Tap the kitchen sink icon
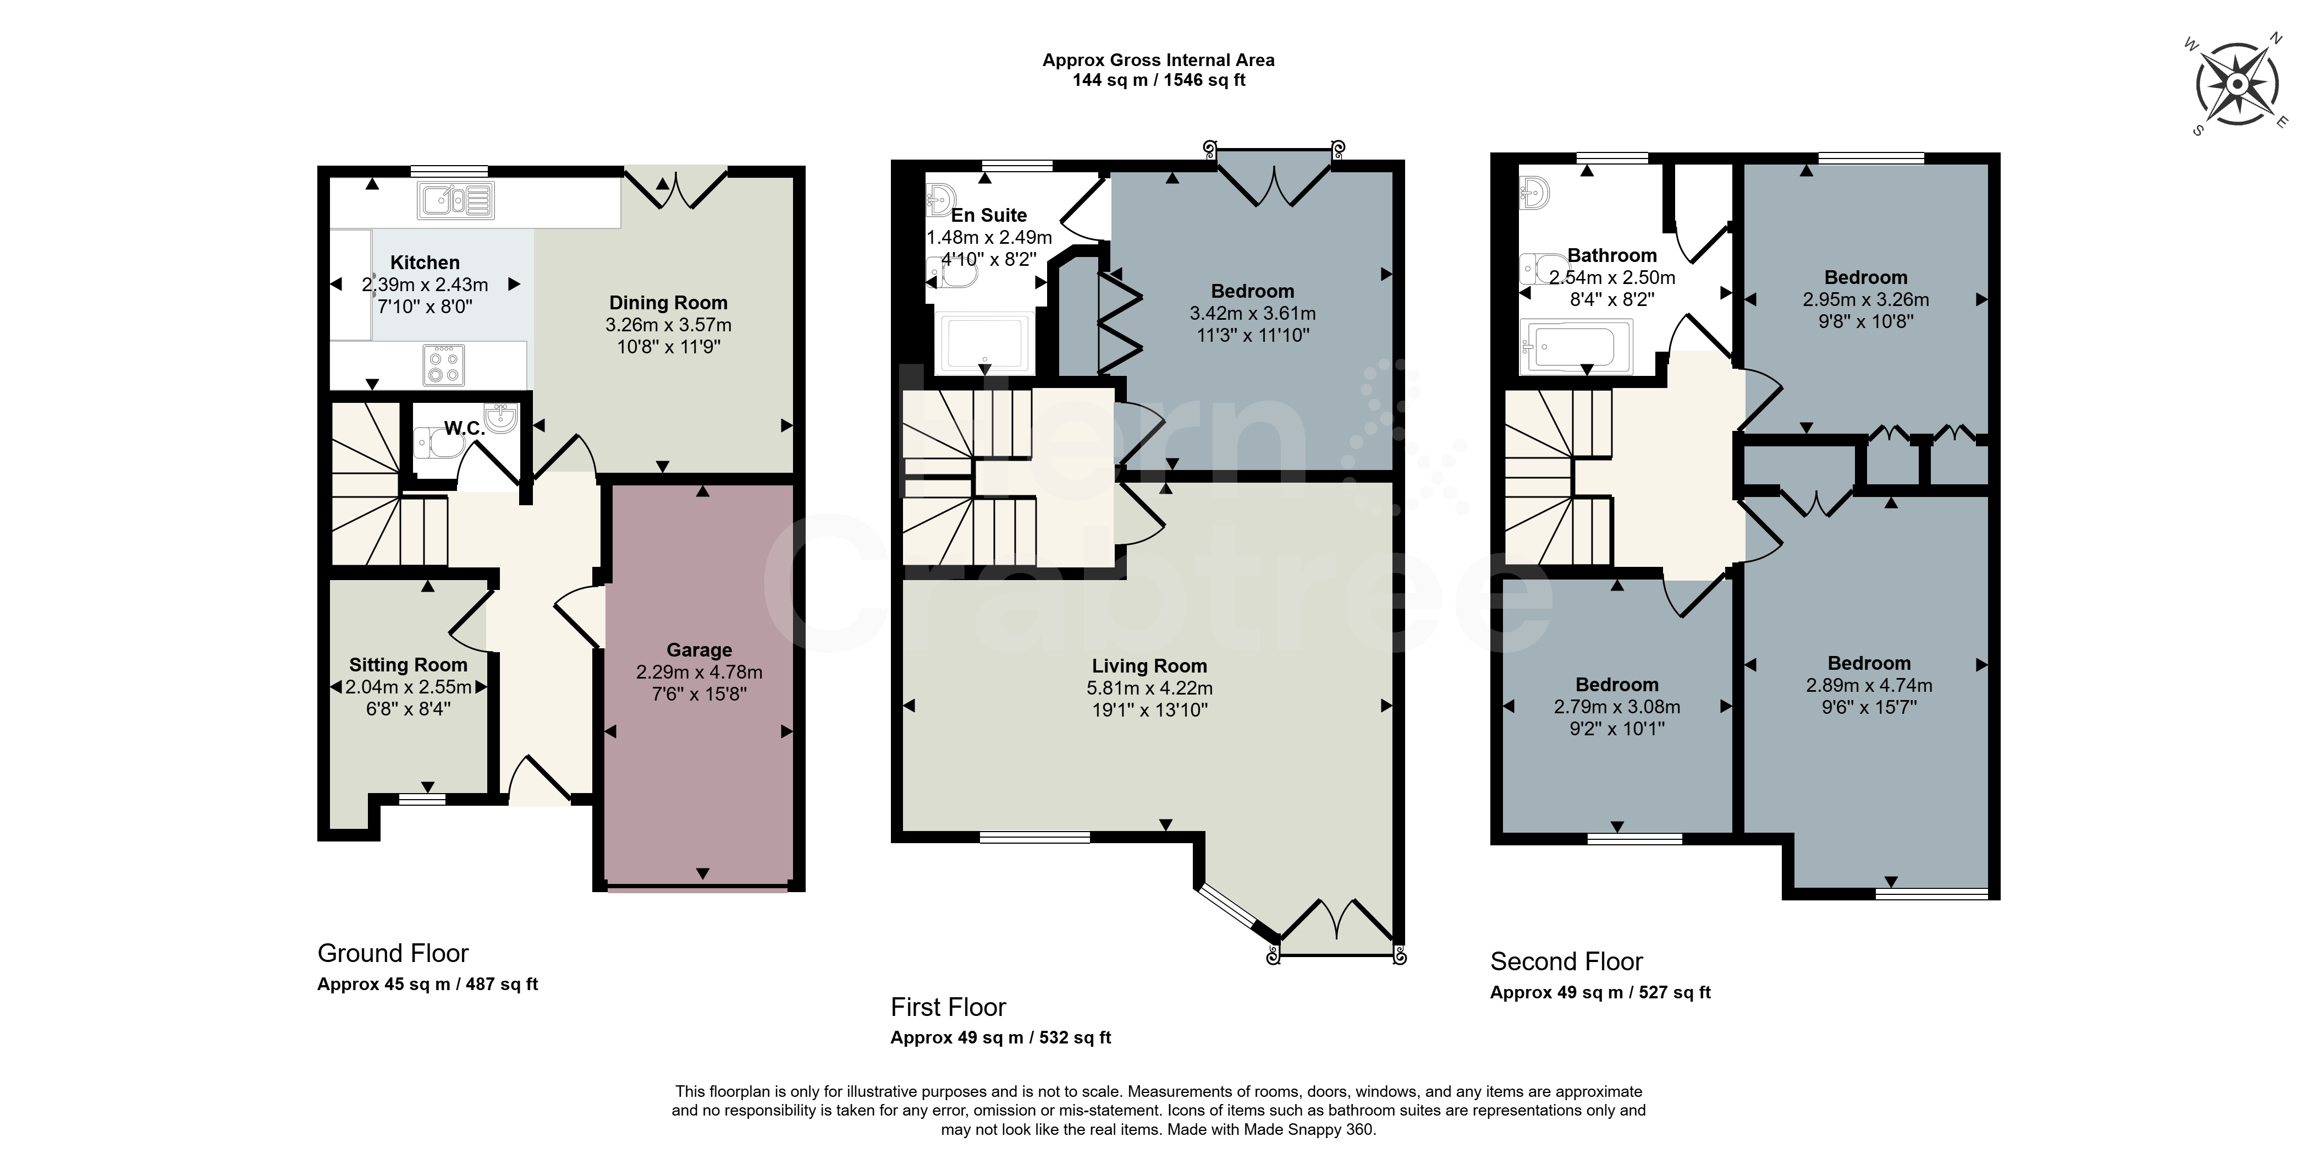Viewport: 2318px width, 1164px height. coord(455,201)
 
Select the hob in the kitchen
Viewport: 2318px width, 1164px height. coord(444,364)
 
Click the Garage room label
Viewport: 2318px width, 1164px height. coord(699,650)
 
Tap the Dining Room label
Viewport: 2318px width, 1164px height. coord(669,303)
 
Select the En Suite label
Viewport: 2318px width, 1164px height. coord(989,215)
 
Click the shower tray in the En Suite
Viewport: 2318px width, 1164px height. coord(984,343)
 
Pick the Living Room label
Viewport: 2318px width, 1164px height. coord(1149,666)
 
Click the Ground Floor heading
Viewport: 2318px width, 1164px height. coord(393,953)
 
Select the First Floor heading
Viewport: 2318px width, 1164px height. coord(949,1007)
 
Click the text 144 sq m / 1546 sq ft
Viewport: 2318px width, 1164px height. coord(1159,80)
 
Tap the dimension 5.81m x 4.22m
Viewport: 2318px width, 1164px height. coord(1149,688)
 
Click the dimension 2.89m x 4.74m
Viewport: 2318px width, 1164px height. coord(1869,686)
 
